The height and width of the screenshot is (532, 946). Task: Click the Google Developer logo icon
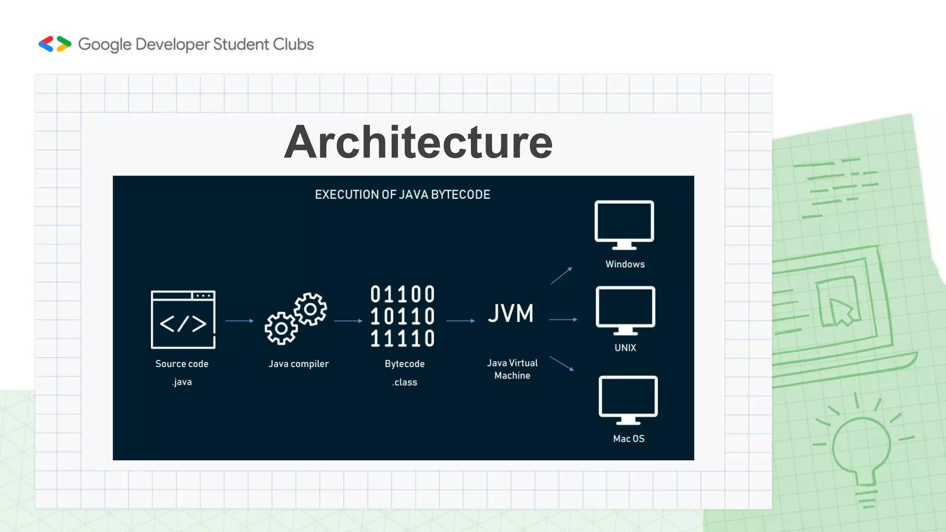(x=55, y=44)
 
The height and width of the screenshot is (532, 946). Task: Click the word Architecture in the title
(x=418, y=142)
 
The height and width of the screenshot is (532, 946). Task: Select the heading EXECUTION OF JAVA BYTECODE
(x=402, y=194)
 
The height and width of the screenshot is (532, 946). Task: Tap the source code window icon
(x=183, y=319)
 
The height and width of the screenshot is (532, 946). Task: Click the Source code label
(x=182, y=364)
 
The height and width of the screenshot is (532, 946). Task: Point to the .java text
(x=182, y=382)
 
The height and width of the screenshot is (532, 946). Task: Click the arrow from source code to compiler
(x=239, y=320)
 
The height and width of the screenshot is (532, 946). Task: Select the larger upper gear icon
(x=310, y=309)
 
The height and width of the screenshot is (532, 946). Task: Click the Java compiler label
(x=298, y=364)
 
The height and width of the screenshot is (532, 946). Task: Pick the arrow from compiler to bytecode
(x=348, y=320)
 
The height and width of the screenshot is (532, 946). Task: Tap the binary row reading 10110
(x=402, y=316)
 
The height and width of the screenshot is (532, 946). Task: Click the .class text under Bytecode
(x=405, y=382)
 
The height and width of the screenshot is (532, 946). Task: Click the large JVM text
(x=510, y=314)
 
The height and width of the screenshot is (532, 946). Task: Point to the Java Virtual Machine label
(x=512, y=369)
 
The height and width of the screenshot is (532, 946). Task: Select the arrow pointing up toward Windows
(x=561, y=275)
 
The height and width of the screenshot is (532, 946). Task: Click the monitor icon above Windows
(x=624, y=224)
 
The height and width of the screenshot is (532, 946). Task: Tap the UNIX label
(x=625, y=348)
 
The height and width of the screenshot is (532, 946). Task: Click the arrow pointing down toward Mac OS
(x=562, y=363)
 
